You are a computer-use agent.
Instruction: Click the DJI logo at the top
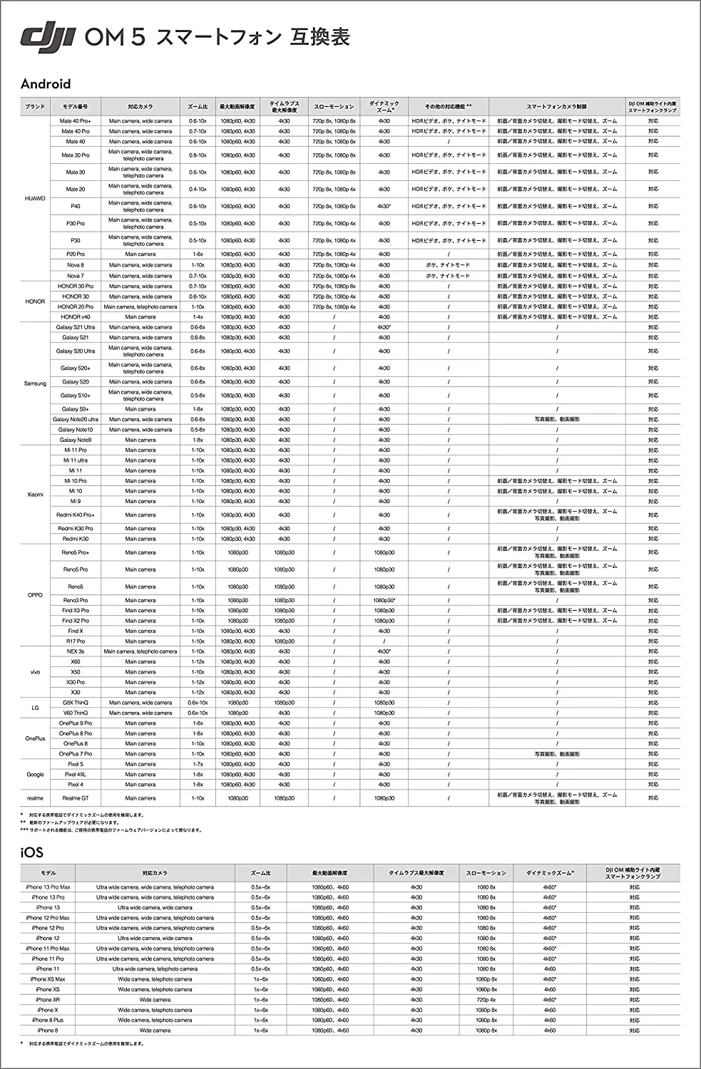click(48, 38)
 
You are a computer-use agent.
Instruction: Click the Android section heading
click(46, 84)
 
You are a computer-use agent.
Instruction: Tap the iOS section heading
click(32, 852)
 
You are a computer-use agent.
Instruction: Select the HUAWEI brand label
click(35, 199)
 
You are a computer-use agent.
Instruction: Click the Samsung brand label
click(35, 383)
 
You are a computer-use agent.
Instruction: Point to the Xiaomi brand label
click(35, 494)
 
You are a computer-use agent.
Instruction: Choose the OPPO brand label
click(35, 595)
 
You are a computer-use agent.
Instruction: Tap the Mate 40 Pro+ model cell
click(75, 121)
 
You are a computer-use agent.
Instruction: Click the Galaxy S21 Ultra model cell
click(75, 327)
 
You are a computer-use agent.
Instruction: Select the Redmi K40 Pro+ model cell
click(75, 515)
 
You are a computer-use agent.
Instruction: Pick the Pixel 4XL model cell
click(75, 774)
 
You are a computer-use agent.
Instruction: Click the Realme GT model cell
click(75, 798)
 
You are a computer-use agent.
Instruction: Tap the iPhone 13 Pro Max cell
click(48, 887)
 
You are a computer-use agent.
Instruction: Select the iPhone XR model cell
click(48, 1000)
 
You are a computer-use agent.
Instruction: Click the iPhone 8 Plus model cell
click(48, 1020)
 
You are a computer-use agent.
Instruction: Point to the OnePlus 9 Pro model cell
click(75, 723)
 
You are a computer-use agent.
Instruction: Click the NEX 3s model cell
click(75, 651)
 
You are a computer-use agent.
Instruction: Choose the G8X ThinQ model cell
click(75, 703)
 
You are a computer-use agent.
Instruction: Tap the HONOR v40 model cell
click(75, 317)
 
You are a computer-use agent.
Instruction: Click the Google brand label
click(35, 774)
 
